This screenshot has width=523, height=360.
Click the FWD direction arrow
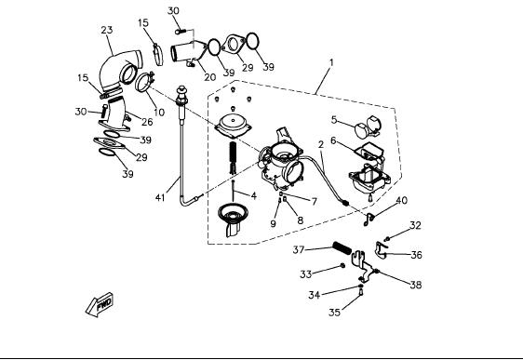click(x=100, y=304)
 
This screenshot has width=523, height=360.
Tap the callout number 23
click(x=107, y=30)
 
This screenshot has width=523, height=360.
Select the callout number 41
click(x=160, y=197)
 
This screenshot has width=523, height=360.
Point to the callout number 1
click(x=331, y=62)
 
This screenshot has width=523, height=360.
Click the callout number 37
click(x=299, y=249)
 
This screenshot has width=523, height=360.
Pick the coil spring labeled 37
click(x=342, y=248)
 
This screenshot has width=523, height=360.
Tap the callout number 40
click(x=402, y=200)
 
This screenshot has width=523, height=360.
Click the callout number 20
click(x=209, y=77)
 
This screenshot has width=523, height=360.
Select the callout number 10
click(x=159, y=113)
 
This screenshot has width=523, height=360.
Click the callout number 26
click(x=147, y=122)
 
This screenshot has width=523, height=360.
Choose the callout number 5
click(x=334, y=120)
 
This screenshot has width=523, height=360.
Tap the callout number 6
click(x=333, y=140)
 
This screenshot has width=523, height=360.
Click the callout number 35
click(x=334, y=313)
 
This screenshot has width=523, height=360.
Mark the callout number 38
click(x=416, y=285)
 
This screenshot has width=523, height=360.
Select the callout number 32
click(x=415, y=225)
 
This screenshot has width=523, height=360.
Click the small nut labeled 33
click(x=342, y=265)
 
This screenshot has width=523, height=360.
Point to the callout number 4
click(x=254, y=195)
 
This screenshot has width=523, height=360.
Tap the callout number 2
click(x=321, y=145)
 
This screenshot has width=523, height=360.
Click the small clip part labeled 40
click(x=369, y=219)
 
